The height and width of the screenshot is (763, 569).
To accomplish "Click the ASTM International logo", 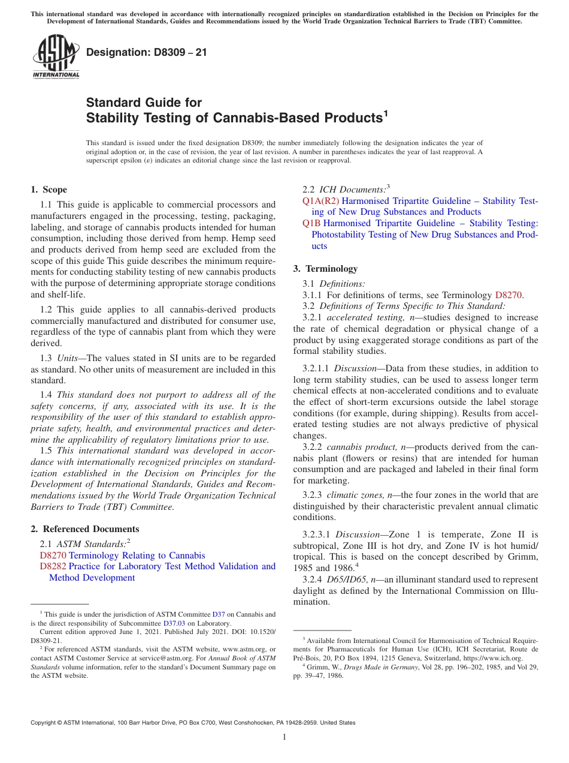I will tap(56, 57).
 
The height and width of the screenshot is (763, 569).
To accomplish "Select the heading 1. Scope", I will tap(49, 190).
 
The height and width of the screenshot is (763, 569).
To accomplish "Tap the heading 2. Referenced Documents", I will tap(85, 529).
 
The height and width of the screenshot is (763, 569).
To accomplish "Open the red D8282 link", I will tap(53, 566).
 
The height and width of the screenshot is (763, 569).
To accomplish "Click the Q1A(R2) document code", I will tap(320, 201).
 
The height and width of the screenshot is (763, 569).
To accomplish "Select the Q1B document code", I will tap(311, 223).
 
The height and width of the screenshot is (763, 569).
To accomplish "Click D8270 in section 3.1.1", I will tap(509, 295).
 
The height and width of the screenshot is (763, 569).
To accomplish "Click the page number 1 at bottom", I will tap(284, 737).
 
